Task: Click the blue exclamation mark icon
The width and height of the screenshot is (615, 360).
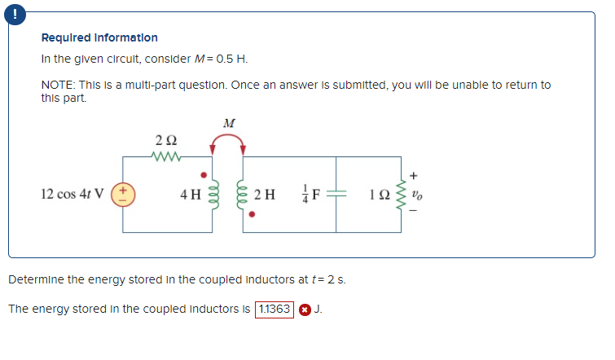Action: tap(9, 13)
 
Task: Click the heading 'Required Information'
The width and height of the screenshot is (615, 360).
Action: tap(99, 38)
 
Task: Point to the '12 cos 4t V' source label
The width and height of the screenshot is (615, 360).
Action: tap(73, 195)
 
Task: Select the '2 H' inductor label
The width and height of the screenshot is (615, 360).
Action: tap(264, 195)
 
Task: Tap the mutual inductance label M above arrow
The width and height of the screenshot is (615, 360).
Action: tap(229, 123)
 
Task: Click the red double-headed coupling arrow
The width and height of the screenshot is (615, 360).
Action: tap(228, 142)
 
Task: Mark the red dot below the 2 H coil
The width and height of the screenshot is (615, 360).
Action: tap(253, 217)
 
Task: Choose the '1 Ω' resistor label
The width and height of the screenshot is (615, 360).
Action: tap(379, 195)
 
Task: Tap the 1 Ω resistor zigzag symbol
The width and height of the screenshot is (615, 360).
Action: tap(400, 195)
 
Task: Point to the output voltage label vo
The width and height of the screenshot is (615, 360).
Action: tap(417, 195)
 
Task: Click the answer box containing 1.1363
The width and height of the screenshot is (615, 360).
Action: tap(275, 310)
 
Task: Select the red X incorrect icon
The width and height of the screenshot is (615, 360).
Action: tap(304, 310)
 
